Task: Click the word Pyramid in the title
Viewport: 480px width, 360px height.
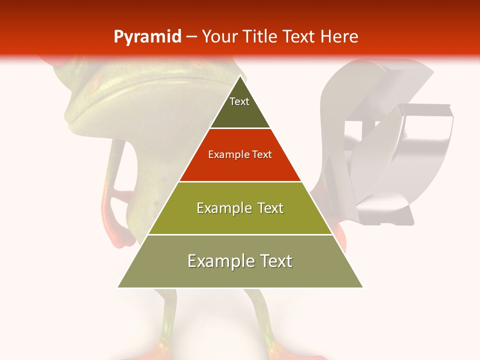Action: tap(147, 37)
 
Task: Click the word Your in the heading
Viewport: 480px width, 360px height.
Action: tap(220, 37)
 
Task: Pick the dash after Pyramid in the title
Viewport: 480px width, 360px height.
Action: tap(191, 37)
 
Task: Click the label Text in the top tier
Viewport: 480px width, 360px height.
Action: tap(239, 101)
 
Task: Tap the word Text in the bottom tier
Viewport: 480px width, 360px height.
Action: tap(275, 261)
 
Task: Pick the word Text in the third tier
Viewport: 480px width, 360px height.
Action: tap(269, 208)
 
